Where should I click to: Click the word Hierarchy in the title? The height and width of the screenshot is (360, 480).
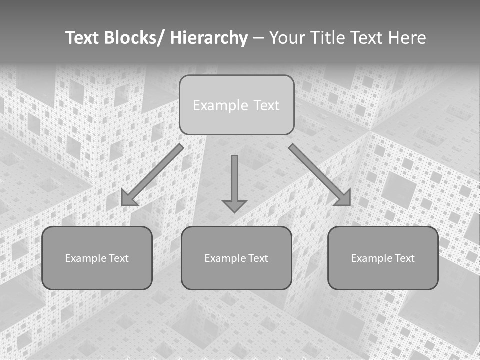209,38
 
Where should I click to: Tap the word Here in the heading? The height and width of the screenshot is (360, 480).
406,38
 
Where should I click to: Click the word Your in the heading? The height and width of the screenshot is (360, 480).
286,38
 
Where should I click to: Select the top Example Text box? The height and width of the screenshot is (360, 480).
236,105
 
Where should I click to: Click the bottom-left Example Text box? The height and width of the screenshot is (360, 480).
97,258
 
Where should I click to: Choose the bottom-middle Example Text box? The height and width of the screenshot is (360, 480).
236,258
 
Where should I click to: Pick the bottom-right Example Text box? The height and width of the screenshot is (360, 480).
383,258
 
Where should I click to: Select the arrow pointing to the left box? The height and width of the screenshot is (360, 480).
155,173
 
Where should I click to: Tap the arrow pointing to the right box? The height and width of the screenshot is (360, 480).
317,173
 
